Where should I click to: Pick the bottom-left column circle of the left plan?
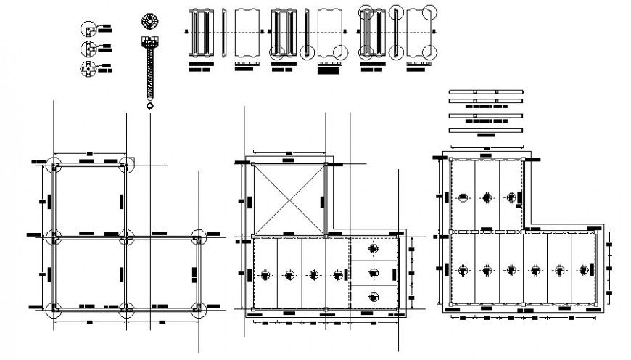pyautogui.click(x=54, y=310)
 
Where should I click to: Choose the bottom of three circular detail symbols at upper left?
pyautogui.click(x=87, y=70)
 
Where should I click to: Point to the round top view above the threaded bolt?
pyautogui.click(x=150, y=20)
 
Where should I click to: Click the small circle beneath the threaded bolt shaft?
pyautogui.click(x=150, y=106)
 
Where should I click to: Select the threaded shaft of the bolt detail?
pyautogui.click(x=150, y=73)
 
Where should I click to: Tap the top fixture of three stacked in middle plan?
pyautogui.click(x=374, y=249)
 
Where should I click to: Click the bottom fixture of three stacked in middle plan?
pyautogui.click(x=374, y=295)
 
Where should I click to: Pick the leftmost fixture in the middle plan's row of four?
pyautogui.click(x=265, y=274)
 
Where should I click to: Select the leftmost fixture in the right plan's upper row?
pyautogui.click(x=463, y=197)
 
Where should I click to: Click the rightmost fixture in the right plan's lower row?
pyautogui.click(x=584, y=269)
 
